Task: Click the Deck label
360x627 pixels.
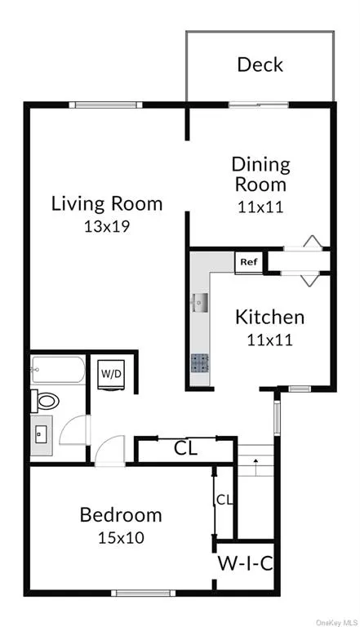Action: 260,64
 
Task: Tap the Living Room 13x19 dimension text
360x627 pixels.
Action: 107,227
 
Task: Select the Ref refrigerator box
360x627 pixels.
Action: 248,263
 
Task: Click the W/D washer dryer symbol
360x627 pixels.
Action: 111,374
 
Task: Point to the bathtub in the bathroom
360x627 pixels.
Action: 58,369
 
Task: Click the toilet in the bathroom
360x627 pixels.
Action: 45,400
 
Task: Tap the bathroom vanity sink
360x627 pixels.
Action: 41,434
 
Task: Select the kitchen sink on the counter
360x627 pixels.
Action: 199,302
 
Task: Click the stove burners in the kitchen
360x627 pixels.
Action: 199,363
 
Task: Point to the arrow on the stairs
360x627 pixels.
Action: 256,466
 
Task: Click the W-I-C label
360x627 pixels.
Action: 245,563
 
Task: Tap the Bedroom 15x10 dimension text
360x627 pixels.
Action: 121,538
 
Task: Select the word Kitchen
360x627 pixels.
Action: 269,317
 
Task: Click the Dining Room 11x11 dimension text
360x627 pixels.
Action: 260,207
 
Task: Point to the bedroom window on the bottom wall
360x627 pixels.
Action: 143,593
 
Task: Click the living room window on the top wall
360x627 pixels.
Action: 105,104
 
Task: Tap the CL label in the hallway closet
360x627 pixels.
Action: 185,449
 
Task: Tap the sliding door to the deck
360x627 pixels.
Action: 259,104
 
